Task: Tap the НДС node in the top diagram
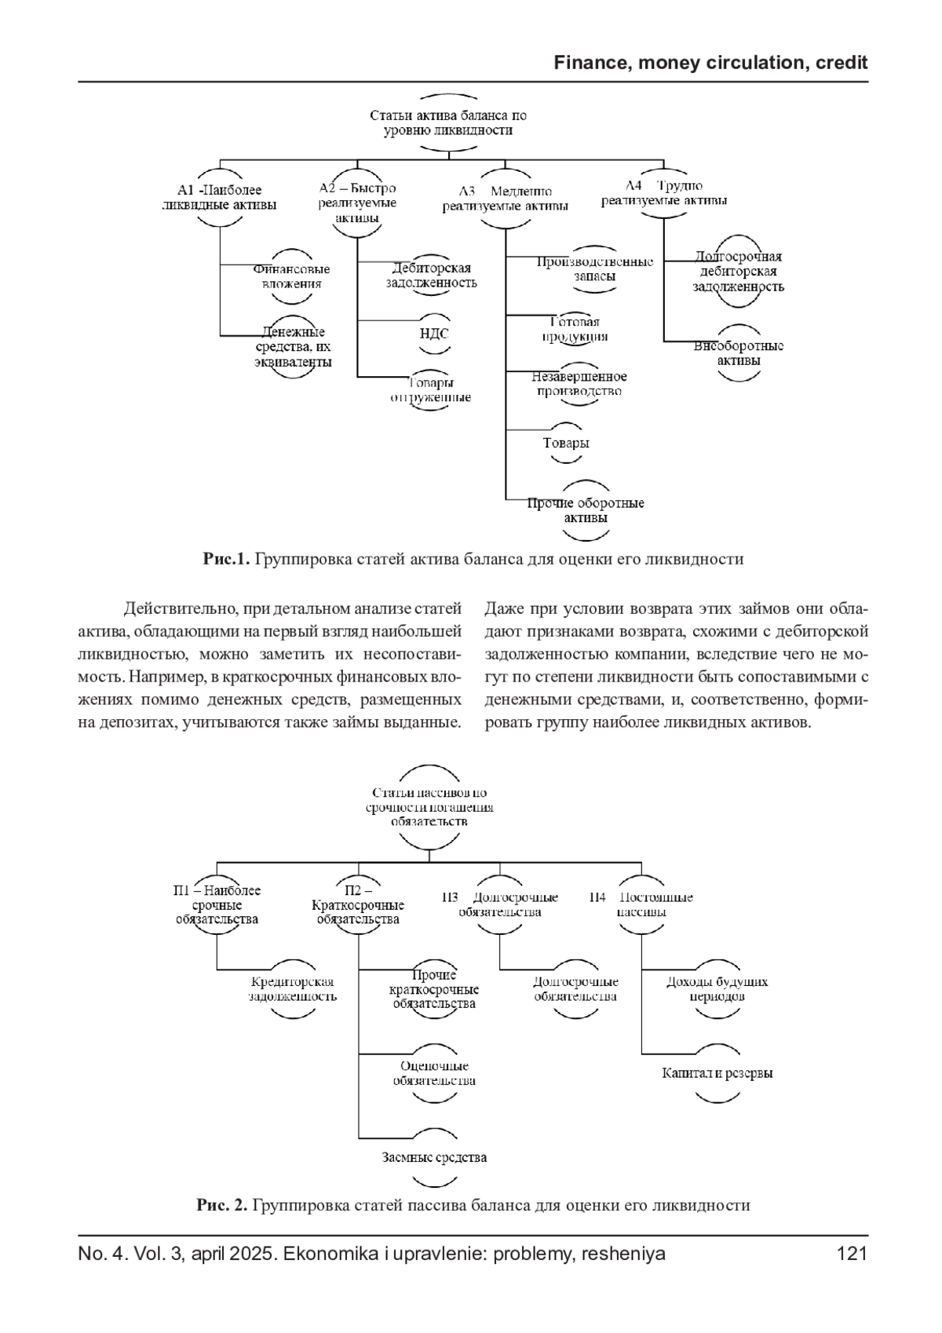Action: click(x=434, y=334)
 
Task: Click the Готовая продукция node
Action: click(x=575, y=330)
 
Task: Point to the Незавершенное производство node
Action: click(x=579, y=384)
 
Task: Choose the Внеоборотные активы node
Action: click(x=739, y=353)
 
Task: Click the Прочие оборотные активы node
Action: click(x=586, y=510)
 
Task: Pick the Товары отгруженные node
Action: click(x=432, y=390)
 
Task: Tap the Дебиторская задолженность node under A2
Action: click(x=431, y=275)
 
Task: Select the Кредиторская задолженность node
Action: click(x=293, y=989)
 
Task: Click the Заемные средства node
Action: click(x=434, y=1157)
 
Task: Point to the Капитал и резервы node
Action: click(x=717, y=1073)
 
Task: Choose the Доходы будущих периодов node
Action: click(x=717, y=989)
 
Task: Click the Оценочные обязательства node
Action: click(x=434, y=1073)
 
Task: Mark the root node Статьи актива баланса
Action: click(x=448, y=122)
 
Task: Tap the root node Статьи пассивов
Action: click(x=429, y=807)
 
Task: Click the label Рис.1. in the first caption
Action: click(x=226, y=560)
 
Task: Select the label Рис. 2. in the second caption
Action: click(x=222, y=1205)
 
